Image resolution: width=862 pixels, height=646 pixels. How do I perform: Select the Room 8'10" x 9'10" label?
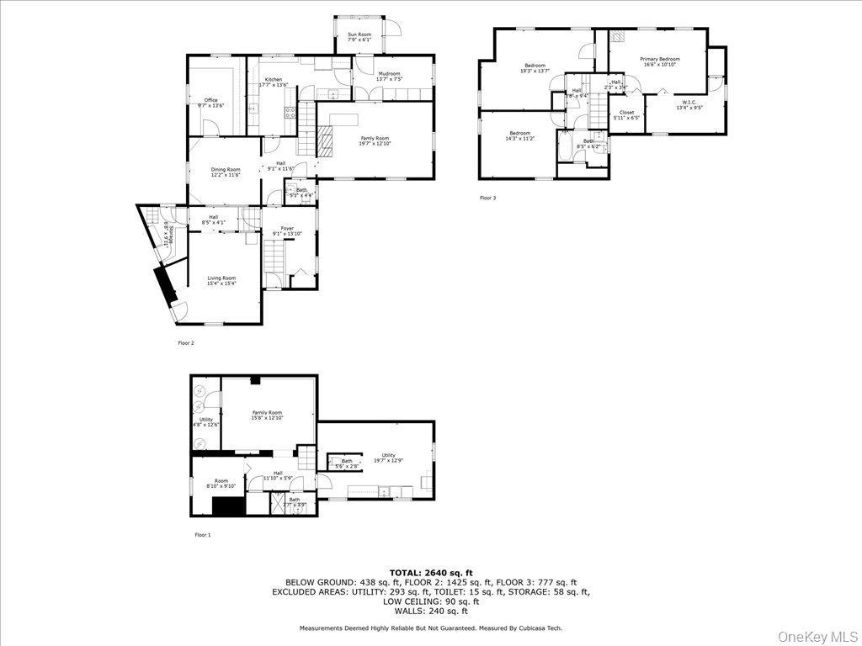[x=221, y=483]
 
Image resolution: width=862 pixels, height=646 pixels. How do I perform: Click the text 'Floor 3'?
[x=488, y=199]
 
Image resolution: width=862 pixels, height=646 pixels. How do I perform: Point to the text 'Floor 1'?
[x=203, y=535]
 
